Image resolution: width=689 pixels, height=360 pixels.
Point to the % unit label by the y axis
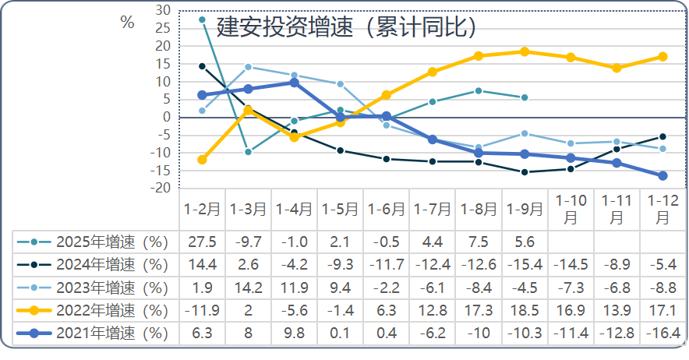pyautogui.click(x=127, y=23)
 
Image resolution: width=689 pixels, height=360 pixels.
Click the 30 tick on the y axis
pyautogui.click(x=163, y=10)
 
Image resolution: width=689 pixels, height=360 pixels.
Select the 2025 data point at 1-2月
pyautogui.click(x=202, y=19)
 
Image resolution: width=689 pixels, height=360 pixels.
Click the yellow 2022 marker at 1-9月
pyautogui.click(x=525, y=51)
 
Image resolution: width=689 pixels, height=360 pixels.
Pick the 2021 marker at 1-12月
pyautogui.click(x=663, y=176)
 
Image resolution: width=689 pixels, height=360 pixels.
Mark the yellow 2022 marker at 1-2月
pyautogui.click(x=202, y=160)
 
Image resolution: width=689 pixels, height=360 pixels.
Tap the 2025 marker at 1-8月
pyautogui.click(x=479, y=90)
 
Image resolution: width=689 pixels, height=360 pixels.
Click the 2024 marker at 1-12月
pyautogui.click(x=663, y=136)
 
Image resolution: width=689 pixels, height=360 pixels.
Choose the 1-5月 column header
pyautogui.click(x=340, y=210)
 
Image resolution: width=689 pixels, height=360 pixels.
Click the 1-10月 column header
pyautogui.click(x=571, y=210)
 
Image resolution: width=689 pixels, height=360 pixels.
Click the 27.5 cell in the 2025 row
pyautogui.click(x=202, y=242)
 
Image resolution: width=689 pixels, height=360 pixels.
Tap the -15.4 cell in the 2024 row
pyautogui.click(x=525, y=265)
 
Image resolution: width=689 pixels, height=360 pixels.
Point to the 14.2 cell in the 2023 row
pyautogui.click(x=248, y=288)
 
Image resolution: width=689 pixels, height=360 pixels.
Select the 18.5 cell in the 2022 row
pyautogui.click(x=525, y=310)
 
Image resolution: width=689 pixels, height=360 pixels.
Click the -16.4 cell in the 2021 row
pyautogui.click(x=663, y=334)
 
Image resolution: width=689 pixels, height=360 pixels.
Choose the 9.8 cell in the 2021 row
pyautogui.click(x=294, y=334)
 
